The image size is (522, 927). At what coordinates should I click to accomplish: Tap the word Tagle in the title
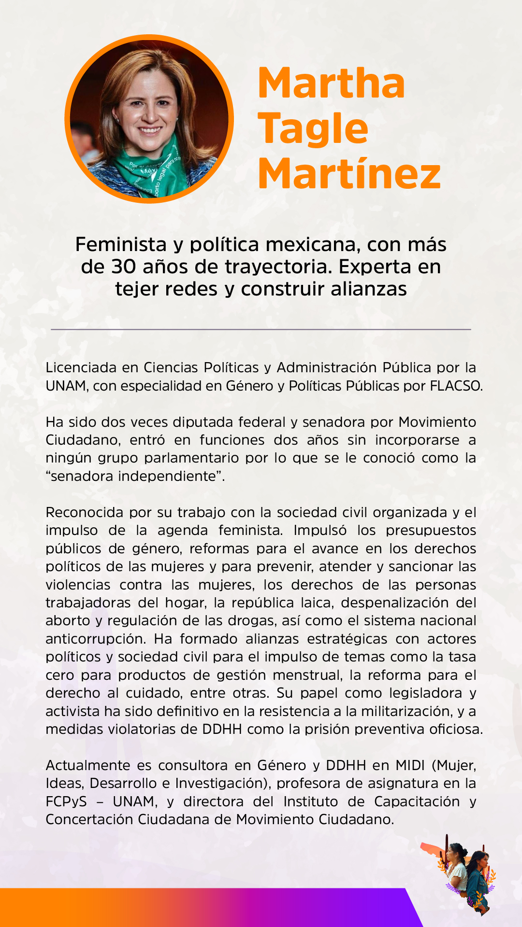coord(313,128)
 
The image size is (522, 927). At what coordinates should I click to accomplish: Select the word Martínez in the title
coord(349,174)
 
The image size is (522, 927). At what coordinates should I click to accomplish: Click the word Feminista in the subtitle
coord(121,244)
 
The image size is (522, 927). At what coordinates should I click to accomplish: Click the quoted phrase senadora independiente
coord(135,476)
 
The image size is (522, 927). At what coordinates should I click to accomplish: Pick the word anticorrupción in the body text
coord(95,639)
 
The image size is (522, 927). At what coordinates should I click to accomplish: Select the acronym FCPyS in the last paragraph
coord(66,801)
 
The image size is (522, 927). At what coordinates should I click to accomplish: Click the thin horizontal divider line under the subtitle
coord(261,329)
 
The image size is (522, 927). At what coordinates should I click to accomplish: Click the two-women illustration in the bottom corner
coord(466,874)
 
